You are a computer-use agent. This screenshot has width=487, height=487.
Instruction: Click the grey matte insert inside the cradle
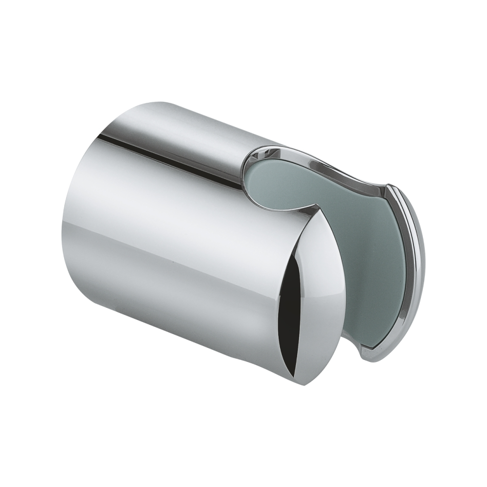pos(341,229)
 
